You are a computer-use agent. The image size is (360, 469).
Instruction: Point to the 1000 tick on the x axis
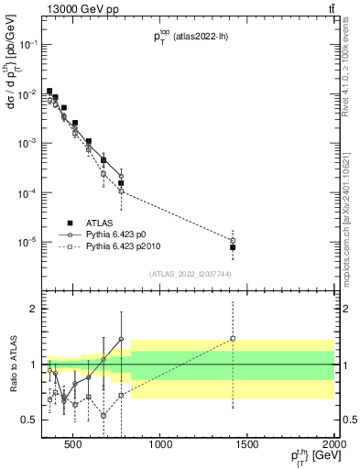click(x=161, y=445)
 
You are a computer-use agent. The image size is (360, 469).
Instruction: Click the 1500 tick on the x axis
click(x=247, y=445)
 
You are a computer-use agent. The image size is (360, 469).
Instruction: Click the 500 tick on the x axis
click(x=74, y=445)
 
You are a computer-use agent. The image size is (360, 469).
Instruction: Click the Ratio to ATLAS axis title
click(x=12, y=364)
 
